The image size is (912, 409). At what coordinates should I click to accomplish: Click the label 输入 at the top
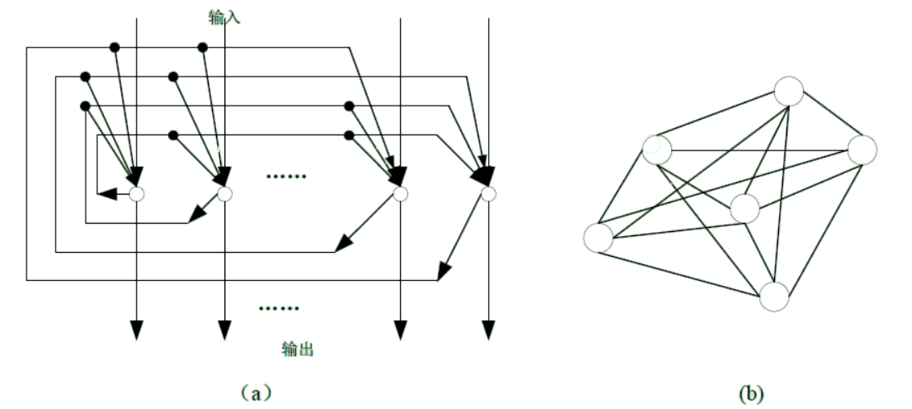(224, 16)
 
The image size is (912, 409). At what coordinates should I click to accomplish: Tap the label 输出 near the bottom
(297, 350)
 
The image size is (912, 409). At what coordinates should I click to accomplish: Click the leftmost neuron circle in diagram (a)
(137, 194)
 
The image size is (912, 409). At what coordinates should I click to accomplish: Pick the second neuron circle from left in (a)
(224, 194)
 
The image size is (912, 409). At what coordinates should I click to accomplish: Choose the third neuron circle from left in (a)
(400, 194)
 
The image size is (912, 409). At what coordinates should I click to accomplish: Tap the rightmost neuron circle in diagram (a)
(488, 194)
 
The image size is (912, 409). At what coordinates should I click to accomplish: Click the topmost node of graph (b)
(788, 91)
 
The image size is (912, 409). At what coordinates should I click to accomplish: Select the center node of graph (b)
(745, 209)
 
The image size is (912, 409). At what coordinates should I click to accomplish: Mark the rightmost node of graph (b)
(862, 150)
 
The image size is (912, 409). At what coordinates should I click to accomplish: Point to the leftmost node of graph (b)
(597, 238)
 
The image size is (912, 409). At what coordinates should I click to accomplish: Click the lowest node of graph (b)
(773, 296)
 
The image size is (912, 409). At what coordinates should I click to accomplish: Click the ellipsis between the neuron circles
(286, 177)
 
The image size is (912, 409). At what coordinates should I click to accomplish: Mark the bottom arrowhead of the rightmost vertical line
(488, 329)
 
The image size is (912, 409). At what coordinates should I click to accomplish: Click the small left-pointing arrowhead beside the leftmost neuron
(106, 195)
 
